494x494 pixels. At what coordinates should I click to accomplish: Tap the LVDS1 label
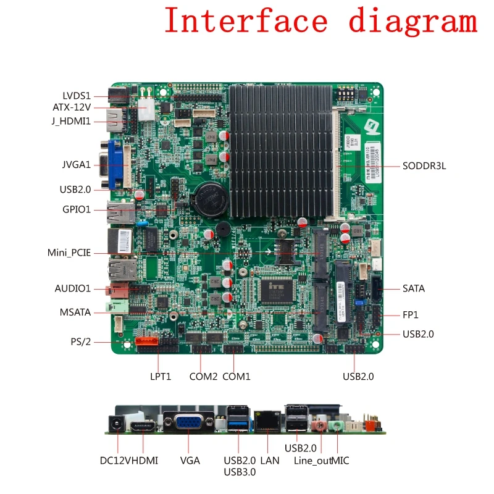pos(77,96)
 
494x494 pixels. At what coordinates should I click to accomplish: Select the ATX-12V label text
pos(72,107)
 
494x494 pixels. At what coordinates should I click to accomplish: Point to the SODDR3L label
pos(424,165)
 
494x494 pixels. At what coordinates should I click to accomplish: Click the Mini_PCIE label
pos(69,253)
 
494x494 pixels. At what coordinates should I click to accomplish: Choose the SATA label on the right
pos(414,288)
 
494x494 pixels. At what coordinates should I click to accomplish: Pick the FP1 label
pos(411,315)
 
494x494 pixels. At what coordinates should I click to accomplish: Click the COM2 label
pos(203,376)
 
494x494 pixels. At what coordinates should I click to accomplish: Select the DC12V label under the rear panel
pos(114,460)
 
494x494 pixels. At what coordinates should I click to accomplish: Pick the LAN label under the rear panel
pos(270,460)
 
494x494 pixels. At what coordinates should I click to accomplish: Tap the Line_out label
pos(312,460)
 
